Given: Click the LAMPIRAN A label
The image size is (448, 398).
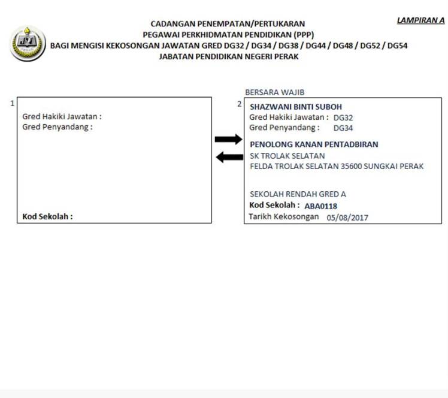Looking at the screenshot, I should [x=420, y=20].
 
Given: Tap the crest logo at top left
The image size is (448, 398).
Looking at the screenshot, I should [x=27, y=43].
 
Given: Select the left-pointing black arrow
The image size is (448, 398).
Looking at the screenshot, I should [x=229, y=157].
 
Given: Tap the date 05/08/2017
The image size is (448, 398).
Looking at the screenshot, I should [x=347, y=218].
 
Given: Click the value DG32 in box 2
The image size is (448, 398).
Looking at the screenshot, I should [x=343, y=118].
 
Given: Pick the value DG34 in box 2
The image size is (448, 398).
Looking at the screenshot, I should [x=343, y=128].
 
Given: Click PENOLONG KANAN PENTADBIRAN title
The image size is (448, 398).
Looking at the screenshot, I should [x=314, y=144].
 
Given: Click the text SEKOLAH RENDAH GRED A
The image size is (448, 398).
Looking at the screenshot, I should [x=297, y=194].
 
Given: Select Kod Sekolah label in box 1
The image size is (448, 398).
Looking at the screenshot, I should [x=47, y=216].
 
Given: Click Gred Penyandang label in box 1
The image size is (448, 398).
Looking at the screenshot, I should [x=57, y=127].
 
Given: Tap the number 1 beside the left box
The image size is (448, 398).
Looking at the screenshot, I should [x=12, y=104].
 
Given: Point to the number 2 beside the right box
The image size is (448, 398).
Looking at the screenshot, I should [x=240, y=104].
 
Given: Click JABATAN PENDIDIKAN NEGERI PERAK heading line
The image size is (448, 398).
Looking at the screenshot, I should [x=228, y=56].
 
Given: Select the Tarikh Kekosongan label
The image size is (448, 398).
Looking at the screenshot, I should [x=284, y=217].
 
